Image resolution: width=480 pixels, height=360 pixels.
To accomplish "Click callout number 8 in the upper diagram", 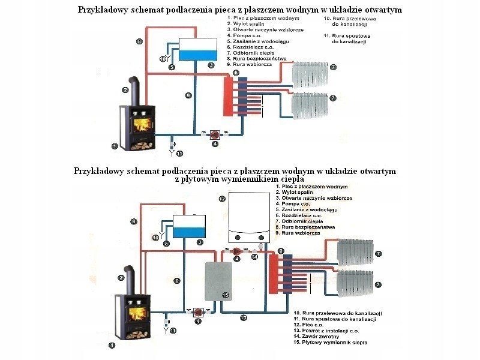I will (x=139, y=41).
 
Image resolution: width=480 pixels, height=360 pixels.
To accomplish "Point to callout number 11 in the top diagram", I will (x=179, y=154).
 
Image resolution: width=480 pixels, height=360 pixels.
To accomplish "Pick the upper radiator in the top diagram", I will (x=310, y=74).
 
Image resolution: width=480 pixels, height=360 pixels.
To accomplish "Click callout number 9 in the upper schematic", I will (x=188, y=95).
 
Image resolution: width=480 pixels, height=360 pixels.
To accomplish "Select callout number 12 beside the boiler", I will (x=222, y=199).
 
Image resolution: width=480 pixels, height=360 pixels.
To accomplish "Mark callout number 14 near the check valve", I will (x=254, y=257).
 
